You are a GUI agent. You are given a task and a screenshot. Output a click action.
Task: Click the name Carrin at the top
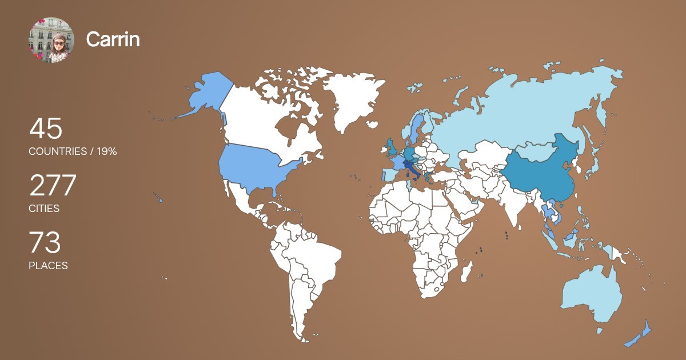[x=113, y=39]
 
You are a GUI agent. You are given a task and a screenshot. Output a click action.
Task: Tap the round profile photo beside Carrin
[x=51, y=40]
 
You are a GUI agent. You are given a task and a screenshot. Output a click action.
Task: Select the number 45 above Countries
[x=45, y=129]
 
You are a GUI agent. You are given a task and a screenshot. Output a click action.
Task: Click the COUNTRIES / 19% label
[x=73, y=151]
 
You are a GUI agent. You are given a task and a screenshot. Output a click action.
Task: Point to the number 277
[x=53, y=186]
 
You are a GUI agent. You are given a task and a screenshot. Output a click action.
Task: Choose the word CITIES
[x=44, y=209]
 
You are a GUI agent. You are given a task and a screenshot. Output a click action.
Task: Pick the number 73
[x=45, y=243]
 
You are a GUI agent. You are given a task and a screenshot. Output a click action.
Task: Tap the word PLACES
[x=48, y=266]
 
